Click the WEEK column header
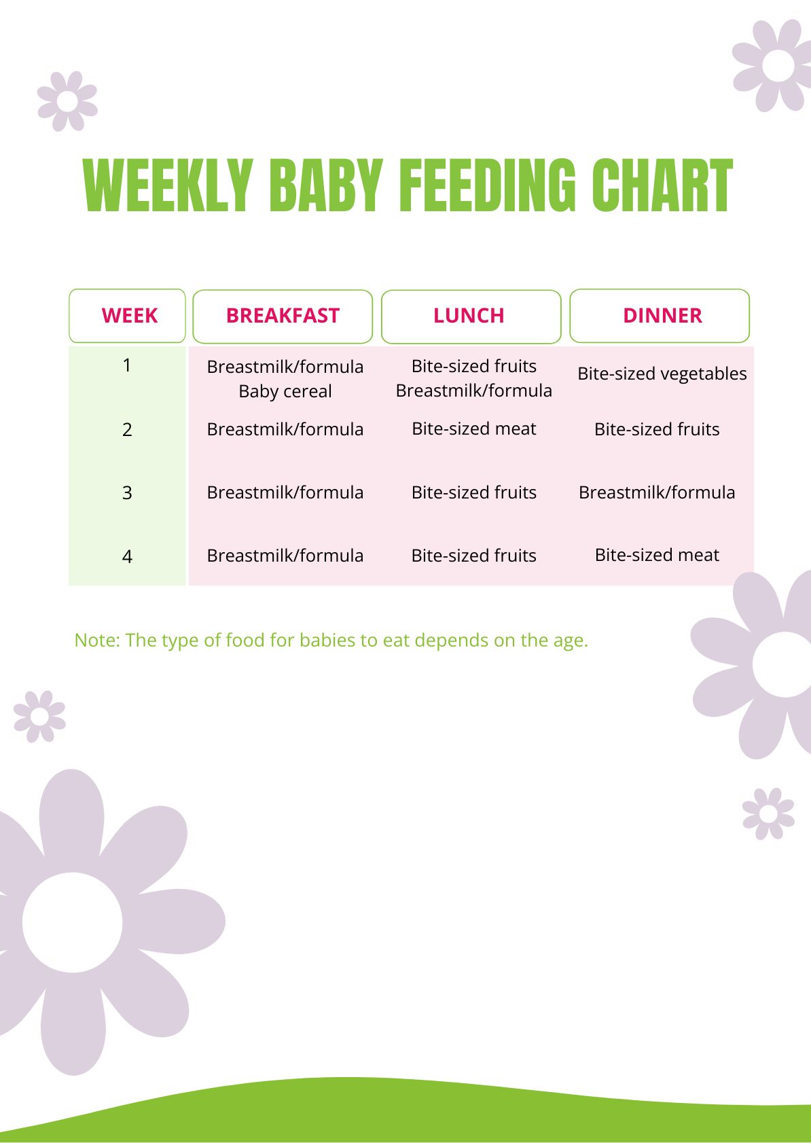coord(128,316)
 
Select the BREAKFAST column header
coord(283,316)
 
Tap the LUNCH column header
coord(469,316)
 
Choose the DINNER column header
coord(662,316)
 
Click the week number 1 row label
coord(127,365)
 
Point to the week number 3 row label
coord(127,492)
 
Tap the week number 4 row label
coord(127,556)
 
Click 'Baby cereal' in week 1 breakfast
coord(285,391)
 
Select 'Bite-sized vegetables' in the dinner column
coord(662,374)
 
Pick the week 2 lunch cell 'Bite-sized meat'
coord(473,429)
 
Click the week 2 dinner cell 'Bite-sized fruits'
coord(657,429)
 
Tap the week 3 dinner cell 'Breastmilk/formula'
coord(657,492)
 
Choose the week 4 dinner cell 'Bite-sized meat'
coord(657,555)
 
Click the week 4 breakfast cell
coord(285,556)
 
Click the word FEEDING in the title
coord(487,185)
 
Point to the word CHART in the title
coord(662,185)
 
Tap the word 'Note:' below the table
coord(96,640)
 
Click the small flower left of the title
coord(67,101)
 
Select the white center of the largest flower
coord(73,922)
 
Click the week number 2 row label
coord(127,429)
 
